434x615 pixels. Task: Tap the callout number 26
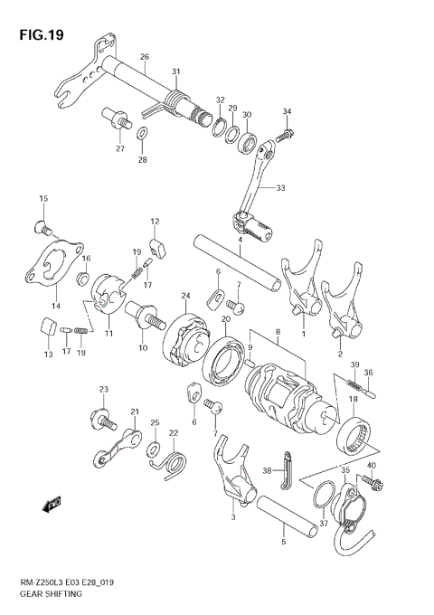click(x=144, y=58)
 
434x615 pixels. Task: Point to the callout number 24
click(x=185, y=296)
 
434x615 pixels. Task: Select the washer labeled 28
click(x=143, y=137)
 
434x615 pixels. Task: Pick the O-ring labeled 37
click(x=323, y=497)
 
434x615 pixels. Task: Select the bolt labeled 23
click(x=102, y=419)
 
